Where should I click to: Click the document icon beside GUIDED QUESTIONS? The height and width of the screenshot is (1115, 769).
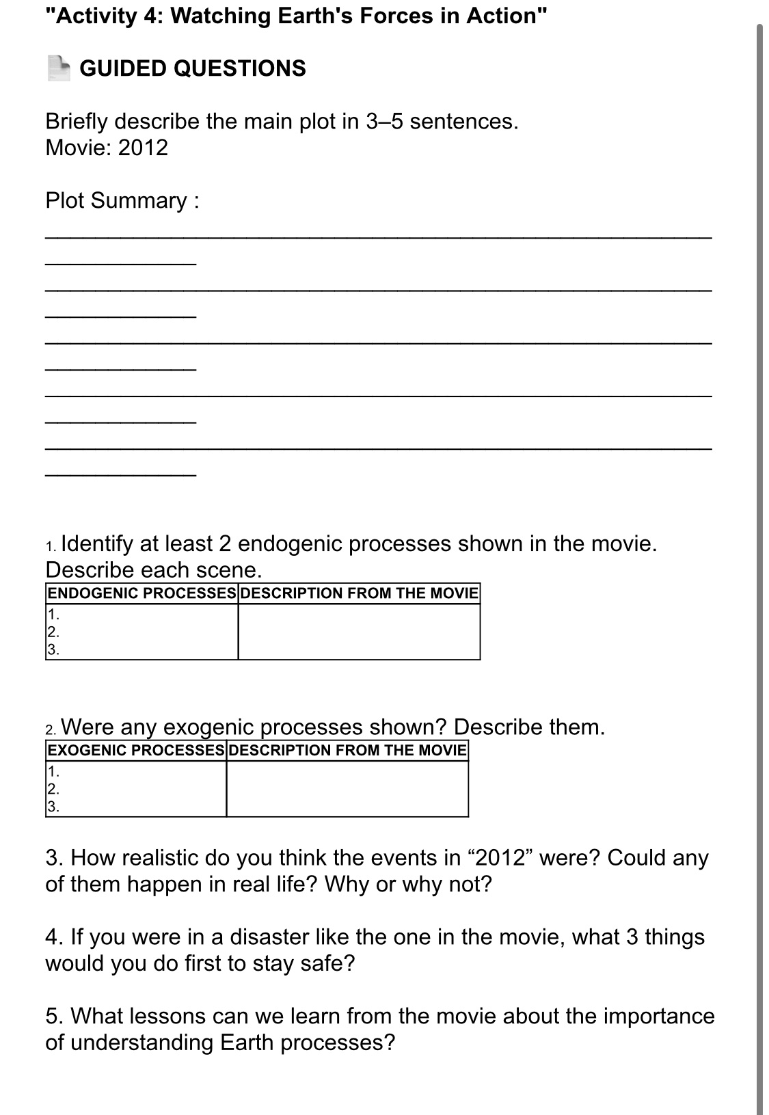click(59, 68)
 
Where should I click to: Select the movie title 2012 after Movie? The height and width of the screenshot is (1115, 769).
click(143, 148)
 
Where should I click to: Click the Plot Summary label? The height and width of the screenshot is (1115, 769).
click(122, 200)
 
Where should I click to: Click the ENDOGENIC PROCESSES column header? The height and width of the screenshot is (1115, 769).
click(141, 593)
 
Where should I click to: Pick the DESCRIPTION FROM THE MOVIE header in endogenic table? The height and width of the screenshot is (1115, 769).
click(359, 593)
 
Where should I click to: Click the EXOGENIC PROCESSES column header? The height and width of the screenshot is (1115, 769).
click(135, 750)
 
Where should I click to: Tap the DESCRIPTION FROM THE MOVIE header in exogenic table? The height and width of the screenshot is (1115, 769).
click(347, 750)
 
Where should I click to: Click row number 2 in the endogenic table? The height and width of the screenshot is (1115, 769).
click(51, 632)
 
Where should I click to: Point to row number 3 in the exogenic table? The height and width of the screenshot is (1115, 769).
click(53, 807)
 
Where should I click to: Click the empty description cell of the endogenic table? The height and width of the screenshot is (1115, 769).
click(359, 632)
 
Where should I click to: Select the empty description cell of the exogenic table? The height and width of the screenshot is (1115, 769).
click(347, 788)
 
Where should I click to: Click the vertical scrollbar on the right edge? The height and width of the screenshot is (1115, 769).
click(759, 547)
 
